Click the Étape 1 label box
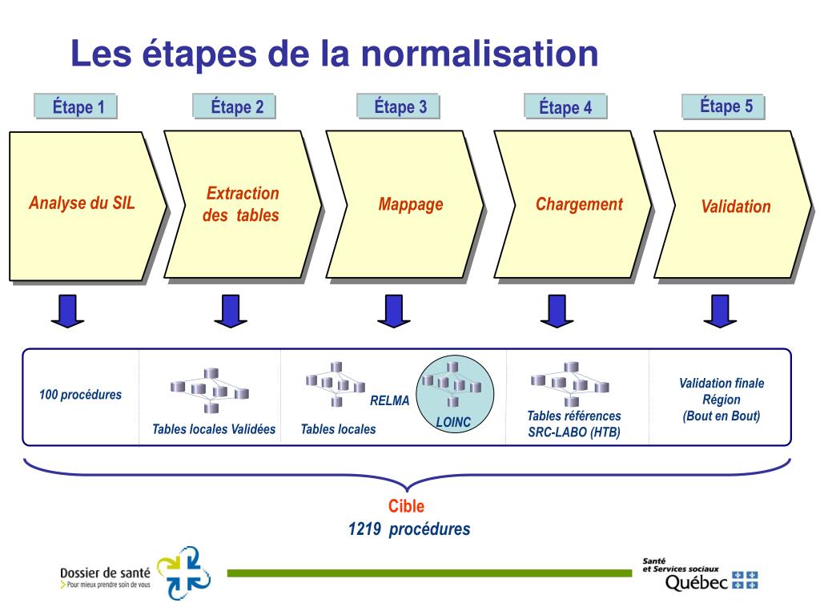pyautogui.click(x=78, y=107)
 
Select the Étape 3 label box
pyautogui.click(x=400, y=107)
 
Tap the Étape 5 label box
pyautogui.click(x=726, y=107)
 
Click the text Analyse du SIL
pyautogui.click(x=82, y=203)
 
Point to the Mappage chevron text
pyautogui.click(x=411, y=204)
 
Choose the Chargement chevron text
pyautogui.click(x=579, y=204)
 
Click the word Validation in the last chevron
pyautogui.click(x=735, y=207)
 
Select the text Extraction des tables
pyautogui.click(x=241, y=204)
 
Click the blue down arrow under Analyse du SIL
pyautogui.click(x=68, y=312)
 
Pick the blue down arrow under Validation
pyautogui.click(x=721, y=312)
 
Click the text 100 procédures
pyautogui.click(x=80, y=395)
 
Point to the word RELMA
pyautogui.click(x=389, y=400)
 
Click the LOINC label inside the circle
pyautogui.click(x=453, y=422)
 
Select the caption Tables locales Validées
pyautogui.click(x=214, y=429)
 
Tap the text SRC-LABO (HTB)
pyautogui.click(x=573, y=432)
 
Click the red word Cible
pyautogui.click(x=406, y=506)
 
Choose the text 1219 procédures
pyautogui.click(x=409, y=529)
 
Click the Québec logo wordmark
pyautogui.click(x=696, y=582)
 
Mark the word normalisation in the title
pyautogui.click(x=479, y=54)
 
